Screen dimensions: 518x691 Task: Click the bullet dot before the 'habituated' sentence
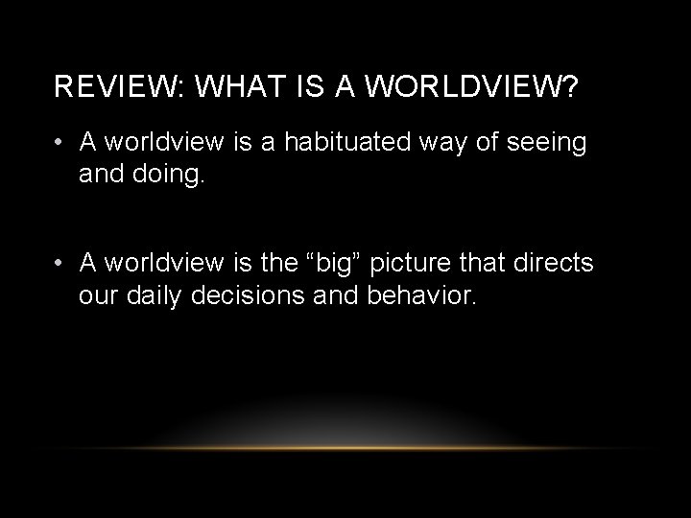click(x=60, y=143)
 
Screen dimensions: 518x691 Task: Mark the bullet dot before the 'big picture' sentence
click(x=60, y=262)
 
